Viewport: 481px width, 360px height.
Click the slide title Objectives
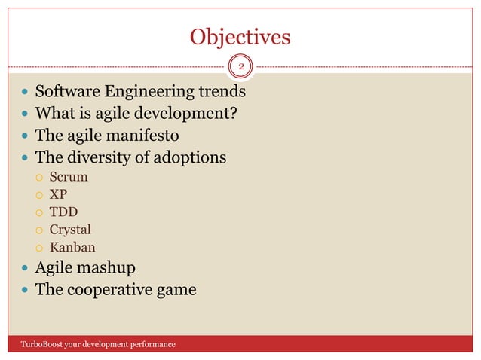[240, 37]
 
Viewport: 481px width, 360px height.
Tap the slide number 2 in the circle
[241, 68]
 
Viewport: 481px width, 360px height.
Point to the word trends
[219, 93]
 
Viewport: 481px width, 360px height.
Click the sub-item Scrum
[69, 178]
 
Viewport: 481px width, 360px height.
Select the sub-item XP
[59, 195]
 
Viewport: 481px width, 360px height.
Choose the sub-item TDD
[63, 212]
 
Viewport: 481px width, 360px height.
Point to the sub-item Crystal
[70, 230]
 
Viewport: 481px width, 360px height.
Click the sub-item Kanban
[72, 247]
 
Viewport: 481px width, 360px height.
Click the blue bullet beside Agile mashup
[24, 268]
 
